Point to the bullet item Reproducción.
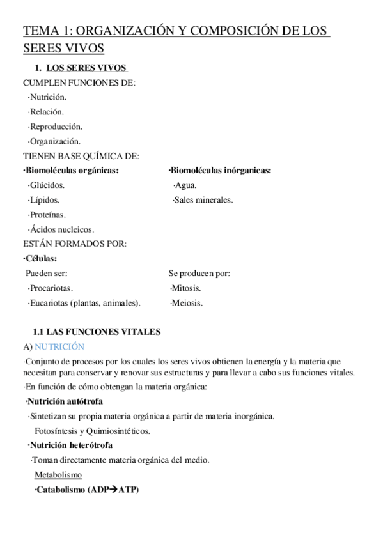[x=55, y=126]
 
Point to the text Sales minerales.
[x=203, y=200]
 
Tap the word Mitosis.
[x=186, y=288]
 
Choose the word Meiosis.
[x=186, y=303]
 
